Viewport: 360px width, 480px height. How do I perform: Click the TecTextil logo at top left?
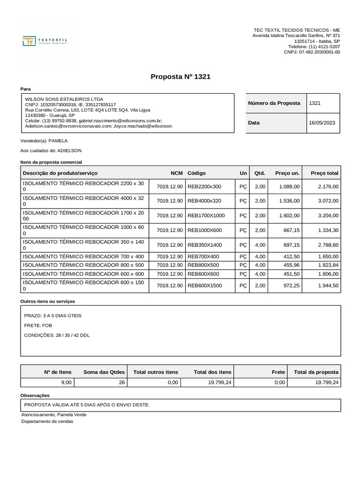(x=45, y=41)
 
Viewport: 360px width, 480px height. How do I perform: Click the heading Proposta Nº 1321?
(x=180, y=76)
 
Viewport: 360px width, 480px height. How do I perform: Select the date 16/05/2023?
(x=322, y=123)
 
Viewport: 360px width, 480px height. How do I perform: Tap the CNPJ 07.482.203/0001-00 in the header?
(x=312, y=52)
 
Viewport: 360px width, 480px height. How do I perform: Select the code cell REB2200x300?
(x=204, y=187)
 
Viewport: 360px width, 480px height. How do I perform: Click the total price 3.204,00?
(x=328, y=216)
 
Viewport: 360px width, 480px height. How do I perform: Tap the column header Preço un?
(x=287, y=173)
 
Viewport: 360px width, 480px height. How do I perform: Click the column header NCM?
(x=177, y=173)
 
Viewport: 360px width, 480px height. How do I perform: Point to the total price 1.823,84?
(x=328, y=265)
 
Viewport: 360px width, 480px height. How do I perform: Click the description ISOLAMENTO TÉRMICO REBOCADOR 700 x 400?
(x=83, y=256)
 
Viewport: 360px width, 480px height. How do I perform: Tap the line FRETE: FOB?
(x=38, y=325)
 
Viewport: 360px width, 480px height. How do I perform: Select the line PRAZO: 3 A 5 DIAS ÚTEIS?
(x=52, y=315)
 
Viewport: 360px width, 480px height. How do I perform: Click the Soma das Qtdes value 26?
(x=121, y=382)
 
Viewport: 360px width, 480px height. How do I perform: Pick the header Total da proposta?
(x=316, y=372)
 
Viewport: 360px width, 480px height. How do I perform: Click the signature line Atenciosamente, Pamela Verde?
(x=54, y=415)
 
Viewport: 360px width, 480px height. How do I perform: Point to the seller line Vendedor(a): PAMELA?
(x=44, y=141)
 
